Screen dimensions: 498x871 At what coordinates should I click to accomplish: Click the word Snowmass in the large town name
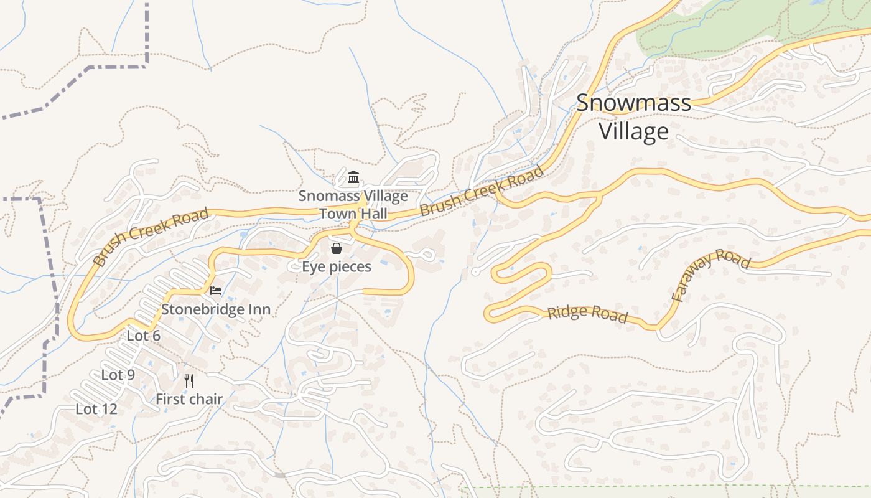[x=633, y=103]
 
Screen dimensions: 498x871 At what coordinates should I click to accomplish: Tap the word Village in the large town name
[x=633, y=131]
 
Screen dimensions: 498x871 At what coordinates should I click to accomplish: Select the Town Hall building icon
[x=353, y=178]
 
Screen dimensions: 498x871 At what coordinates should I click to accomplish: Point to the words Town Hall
[x=353, y=214]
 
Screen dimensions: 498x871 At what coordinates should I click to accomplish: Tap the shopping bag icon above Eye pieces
[x=337, y=249]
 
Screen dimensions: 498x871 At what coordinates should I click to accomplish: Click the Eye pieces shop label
[x=337, y=267]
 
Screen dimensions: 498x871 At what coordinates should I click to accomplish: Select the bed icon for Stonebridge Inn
[x=216, y=291]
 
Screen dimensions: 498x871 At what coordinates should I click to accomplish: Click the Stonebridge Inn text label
[x=216, y=309]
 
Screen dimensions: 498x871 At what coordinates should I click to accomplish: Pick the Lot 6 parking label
[x=144, y=336]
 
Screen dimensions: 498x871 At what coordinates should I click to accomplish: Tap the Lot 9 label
[x=118, y=375]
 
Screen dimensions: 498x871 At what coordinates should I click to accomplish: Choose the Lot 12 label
[x=96, y=409]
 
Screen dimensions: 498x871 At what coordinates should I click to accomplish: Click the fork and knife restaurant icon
[x=189, y=380]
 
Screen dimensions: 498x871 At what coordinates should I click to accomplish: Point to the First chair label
[x=189, y=399]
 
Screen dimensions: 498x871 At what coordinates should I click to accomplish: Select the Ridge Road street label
[x=587, y=314]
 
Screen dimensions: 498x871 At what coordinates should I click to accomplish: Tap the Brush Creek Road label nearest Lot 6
[x=150, y=238]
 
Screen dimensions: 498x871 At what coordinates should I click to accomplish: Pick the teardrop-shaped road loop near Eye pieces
[x=427, y=255]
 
